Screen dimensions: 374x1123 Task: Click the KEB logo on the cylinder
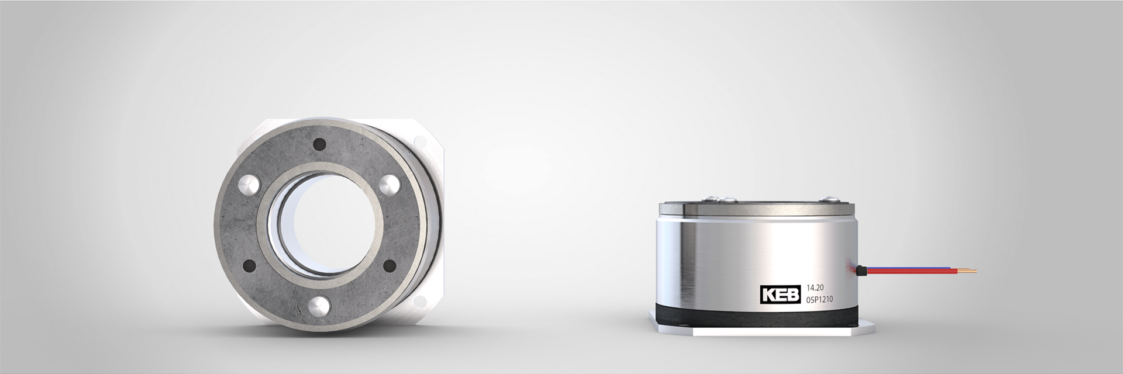780,295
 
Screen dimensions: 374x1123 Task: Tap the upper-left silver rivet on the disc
247,186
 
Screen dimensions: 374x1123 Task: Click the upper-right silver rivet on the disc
389,185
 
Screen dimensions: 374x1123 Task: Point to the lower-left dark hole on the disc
248,265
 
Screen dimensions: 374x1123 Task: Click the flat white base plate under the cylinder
760,331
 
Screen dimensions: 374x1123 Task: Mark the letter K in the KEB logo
768,295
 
